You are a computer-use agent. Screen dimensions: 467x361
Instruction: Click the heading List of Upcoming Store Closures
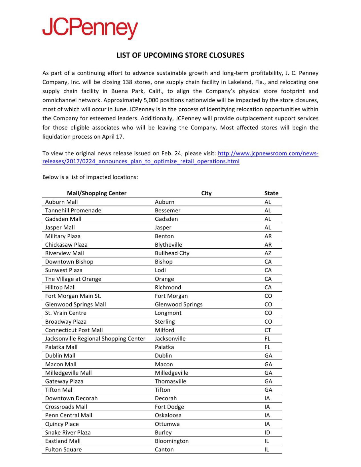coord(180,55)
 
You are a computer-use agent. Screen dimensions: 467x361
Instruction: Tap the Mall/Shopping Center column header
coord(96,193)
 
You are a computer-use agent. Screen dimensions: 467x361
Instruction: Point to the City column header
coord(206,193)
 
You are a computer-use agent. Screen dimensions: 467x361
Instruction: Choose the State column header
coord(271,193)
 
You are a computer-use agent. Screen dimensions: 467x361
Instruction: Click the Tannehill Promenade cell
coord(73,210)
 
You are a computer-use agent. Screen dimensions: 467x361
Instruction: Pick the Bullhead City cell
coord(172,253)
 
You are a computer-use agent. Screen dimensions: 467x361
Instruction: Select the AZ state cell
coord(268,253)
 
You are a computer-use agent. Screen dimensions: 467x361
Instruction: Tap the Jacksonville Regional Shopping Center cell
coord(95,338)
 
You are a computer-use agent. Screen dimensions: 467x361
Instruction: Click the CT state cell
coord(268,330)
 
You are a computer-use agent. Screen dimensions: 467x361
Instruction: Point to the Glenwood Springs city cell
coord(178,304)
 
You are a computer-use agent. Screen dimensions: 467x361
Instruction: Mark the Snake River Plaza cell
coord(68,432)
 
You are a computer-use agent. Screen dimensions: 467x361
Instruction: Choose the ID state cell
coord(267,432)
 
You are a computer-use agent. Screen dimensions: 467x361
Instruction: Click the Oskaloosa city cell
coord(168,415)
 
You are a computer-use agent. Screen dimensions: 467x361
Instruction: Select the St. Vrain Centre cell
coord(66,313)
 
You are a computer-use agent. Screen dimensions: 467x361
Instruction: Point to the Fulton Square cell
coord(63,449)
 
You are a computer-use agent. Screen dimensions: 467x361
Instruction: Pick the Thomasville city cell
coord(170,381)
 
